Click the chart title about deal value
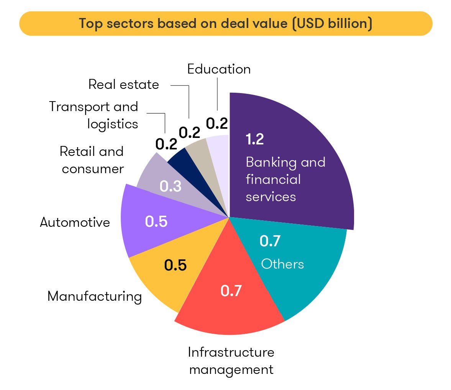(225, 24)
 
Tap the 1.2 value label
(255, 139)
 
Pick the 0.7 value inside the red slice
(231, 291)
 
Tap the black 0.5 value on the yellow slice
(175, 265)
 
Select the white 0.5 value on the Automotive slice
(156, 221)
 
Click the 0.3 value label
(171, 186)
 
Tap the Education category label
(219, 69)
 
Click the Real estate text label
(123, 84)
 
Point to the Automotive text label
(75, 222)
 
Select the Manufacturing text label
(94, 297)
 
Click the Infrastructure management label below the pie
(231, 361)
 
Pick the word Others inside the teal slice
(282, 264)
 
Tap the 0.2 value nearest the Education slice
(217, 123)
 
